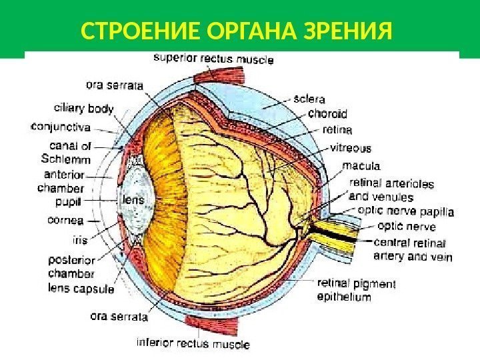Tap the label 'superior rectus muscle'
(x=213, y=59)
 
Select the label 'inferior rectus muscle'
(x=193, y=344)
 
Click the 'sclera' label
(x=309, y=99)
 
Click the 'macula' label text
(x=361, y=165)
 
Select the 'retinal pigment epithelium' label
(x=357, y=290)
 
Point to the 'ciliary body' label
(x=83, y=109)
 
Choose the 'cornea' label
(x=65, y=220)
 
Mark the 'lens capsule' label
(x=81, y=289)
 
